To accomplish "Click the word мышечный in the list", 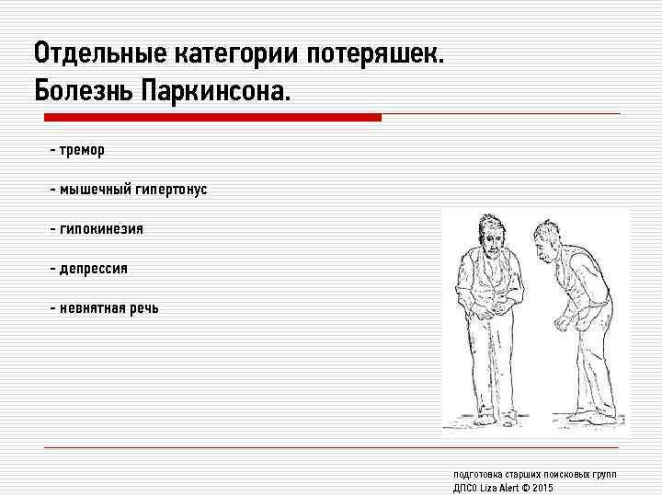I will point(95,190).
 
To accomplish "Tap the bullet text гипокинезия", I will point(101,229).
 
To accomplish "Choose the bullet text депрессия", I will point(94,269).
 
